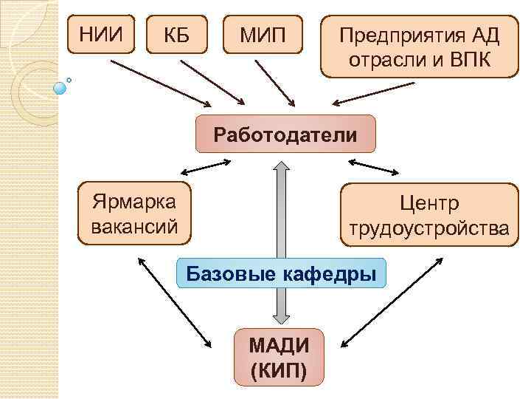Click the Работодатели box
click(285, 136)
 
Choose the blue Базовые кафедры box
click(282, 274)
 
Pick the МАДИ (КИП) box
click(279, 357)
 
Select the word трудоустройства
click(429, 228)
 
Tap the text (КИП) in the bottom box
click(279, 369)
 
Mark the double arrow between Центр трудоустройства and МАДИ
click(393, 301)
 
